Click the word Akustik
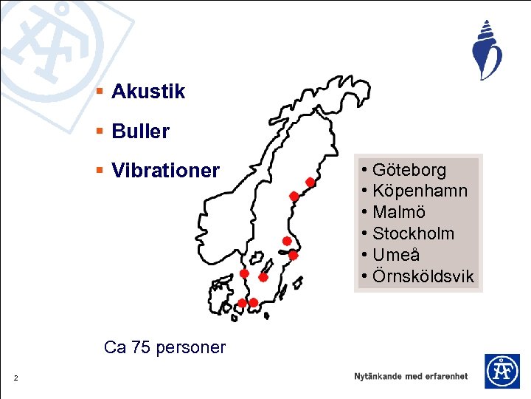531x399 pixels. (x=148, y=92)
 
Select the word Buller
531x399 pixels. (x=140, y=132)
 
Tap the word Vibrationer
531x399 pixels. (x=165, y=171)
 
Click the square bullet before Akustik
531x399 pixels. (x=100, y=92)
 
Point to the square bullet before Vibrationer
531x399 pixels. (x=100, y=171)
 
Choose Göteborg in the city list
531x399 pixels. (x=409, y=170)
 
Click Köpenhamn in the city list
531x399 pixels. (x=420, y=191)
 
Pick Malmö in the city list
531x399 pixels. (x=399, y=213)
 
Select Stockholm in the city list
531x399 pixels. (x=413, y=234)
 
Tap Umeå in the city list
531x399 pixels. (x=396, y=256)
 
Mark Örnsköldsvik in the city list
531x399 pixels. (x=423, y=277)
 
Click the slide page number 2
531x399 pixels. (x=15, y=379)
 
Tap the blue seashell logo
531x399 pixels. (x=487, y=50)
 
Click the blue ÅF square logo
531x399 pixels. (x=502, y=371)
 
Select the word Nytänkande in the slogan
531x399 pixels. (x=378, y=376)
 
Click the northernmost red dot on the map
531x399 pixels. (x=310, y=182)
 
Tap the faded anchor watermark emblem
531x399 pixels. (x=52, y=44)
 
